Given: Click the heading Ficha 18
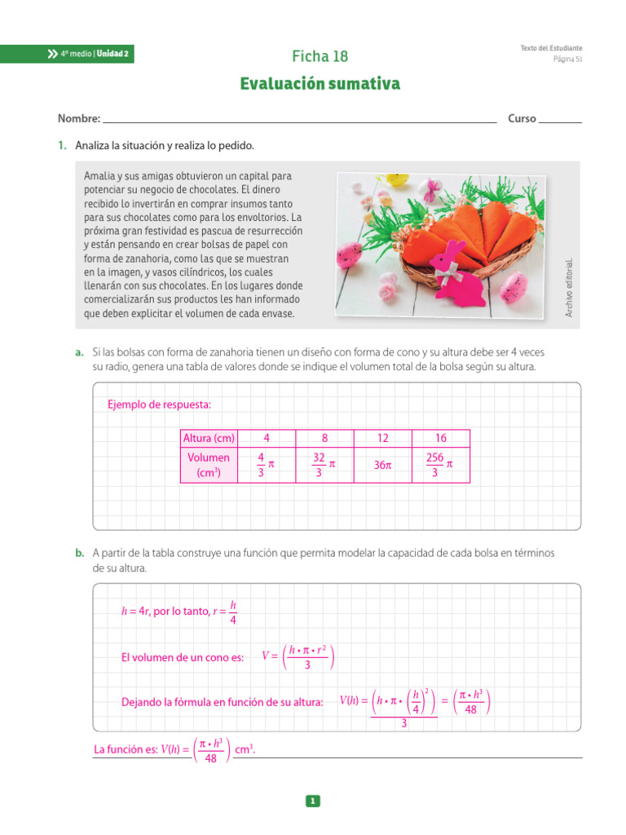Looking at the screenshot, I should click(x=320, y=56).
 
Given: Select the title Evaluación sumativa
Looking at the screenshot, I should click(x=320, y=84).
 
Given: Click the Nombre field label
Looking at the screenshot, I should click(x=78, y=118).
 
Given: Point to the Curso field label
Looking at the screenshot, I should click(x=522, y=118).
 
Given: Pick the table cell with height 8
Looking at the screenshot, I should click(x=324, y=438).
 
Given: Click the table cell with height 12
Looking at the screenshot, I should click(x=382, y=438).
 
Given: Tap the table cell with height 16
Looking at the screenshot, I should click(x=441, y=438).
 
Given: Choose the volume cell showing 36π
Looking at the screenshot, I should click(x=382, y=465).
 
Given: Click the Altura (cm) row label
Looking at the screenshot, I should click(x=209, y=438).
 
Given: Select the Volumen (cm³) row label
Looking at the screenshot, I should click(x=209, y=465).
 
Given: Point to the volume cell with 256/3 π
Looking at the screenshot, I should click(x=440, y=465).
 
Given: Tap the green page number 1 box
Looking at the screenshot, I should click(x=313, y=802).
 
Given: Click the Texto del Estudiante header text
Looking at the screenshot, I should click(x=551, y=48).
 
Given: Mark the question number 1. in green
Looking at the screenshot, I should click(x=62, y=146).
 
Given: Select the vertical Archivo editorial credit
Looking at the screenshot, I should click(x=570, y=287).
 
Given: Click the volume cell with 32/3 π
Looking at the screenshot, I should click(x=324, y=465).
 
